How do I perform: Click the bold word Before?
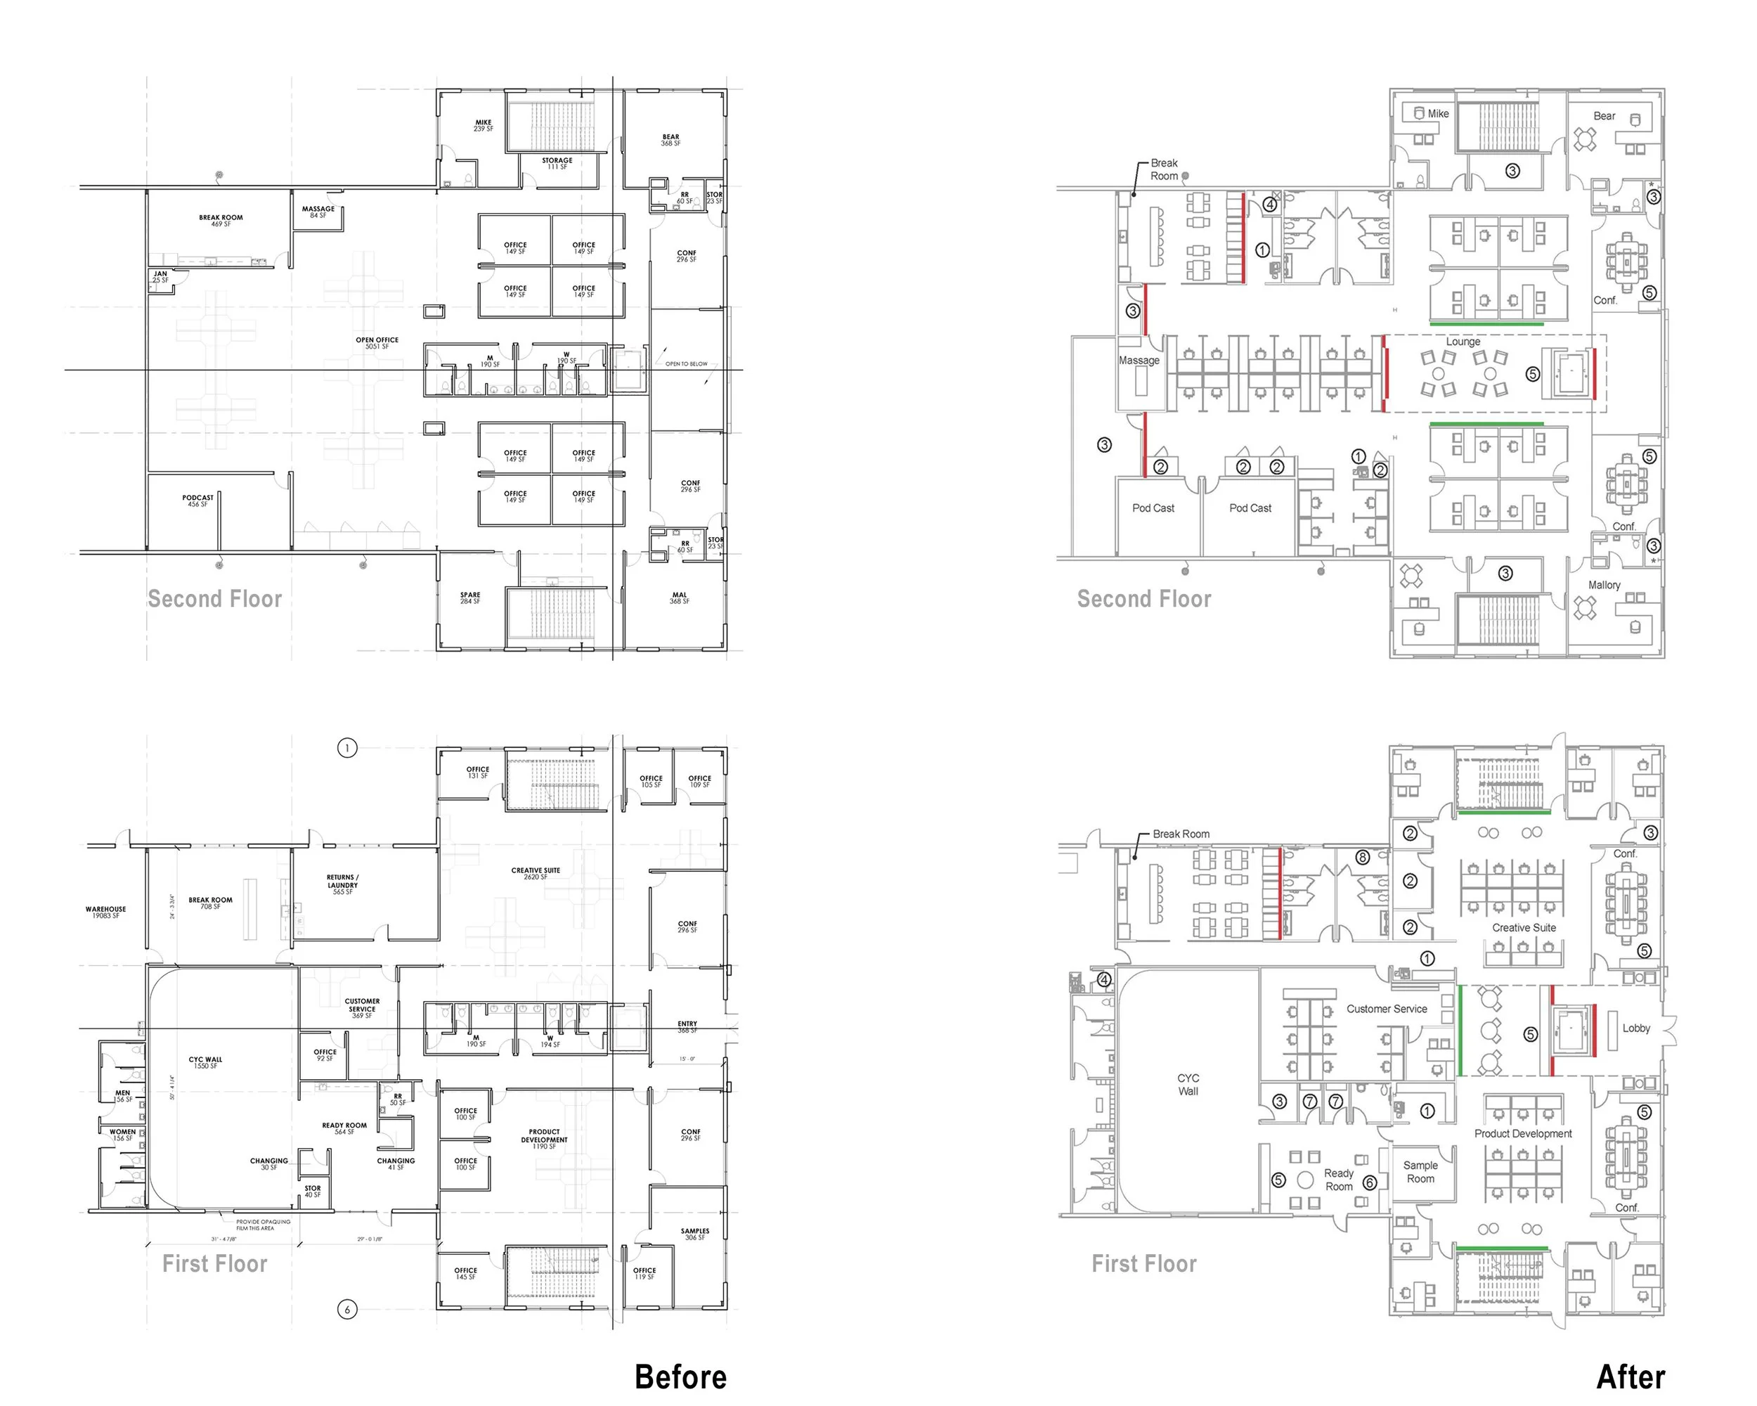click(680, 1376)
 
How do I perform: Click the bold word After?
click(1630, 1376)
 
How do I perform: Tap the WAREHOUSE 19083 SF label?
click(106, 912)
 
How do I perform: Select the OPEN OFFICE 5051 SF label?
click(377, 343)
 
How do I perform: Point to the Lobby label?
click(1635, 1028)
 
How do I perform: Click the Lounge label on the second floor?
click(1463, 342)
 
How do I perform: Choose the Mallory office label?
click(1604, 585)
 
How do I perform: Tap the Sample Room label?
click(1420, 1172)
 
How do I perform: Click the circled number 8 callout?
click(1363, 858)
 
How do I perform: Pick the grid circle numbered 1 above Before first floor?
click(347, 748)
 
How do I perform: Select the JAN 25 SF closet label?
click(160, 277)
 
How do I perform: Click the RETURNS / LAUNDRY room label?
click(342, 884)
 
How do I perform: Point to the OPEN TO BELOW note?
click(686, 364)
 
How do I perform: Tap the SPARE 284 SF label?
click(470, 598)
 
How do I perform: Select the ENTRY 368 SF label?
click(687, 1027)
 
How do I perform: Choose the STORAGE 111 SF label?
click(557, 164)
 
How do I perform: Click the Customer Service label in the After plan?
click(1386, 1009)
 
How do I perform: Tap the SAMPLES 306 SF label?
click(694, 1234)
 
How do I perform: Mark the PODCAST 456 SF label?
click(198, 501)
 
